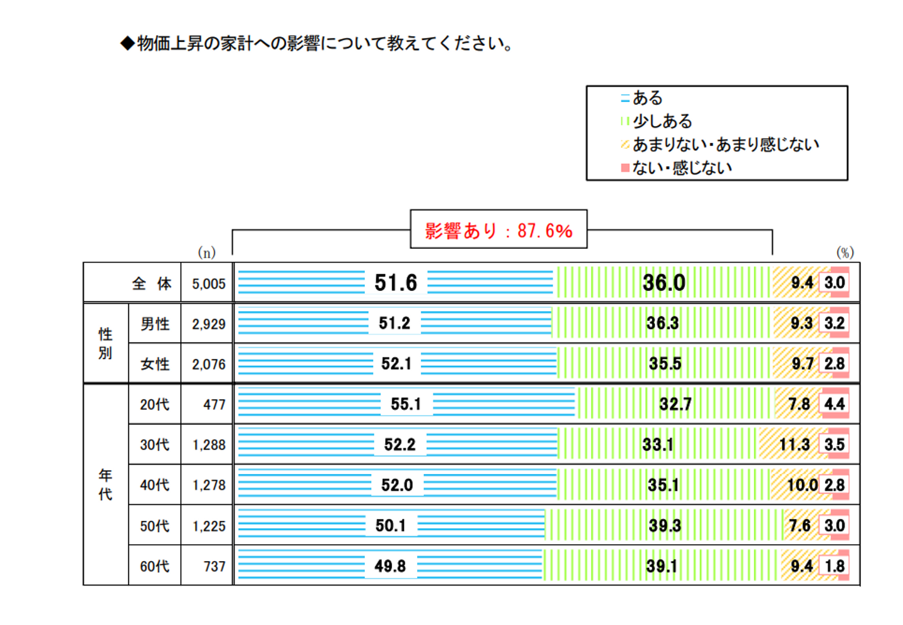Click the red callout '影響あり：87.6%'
(499, 230)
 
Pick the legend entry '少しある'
(662, 121)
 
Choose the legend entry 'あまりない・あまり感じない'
(725, 144)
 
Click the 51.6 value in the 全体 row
(396, 283)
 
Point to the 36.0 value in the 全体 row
(663, 283)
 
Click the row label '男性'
(154, 323)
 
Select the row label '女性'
(154, 364)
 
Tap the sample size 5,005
(208, 284)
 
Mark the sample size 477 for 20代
(214, 405)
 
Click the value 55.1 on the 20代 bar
(406, 404)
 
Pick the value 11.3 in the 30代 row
(794, 444)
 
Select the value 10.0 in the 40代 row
(802, 485)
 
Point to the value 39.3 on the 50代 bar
(665, 525)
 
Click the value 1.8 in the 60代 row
(835, 566)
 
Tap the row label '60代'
(154, 566)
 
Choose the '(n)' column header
(206, 252)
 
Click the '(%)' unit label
(845, 252)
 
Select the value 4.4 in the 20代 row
(834, 404)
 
